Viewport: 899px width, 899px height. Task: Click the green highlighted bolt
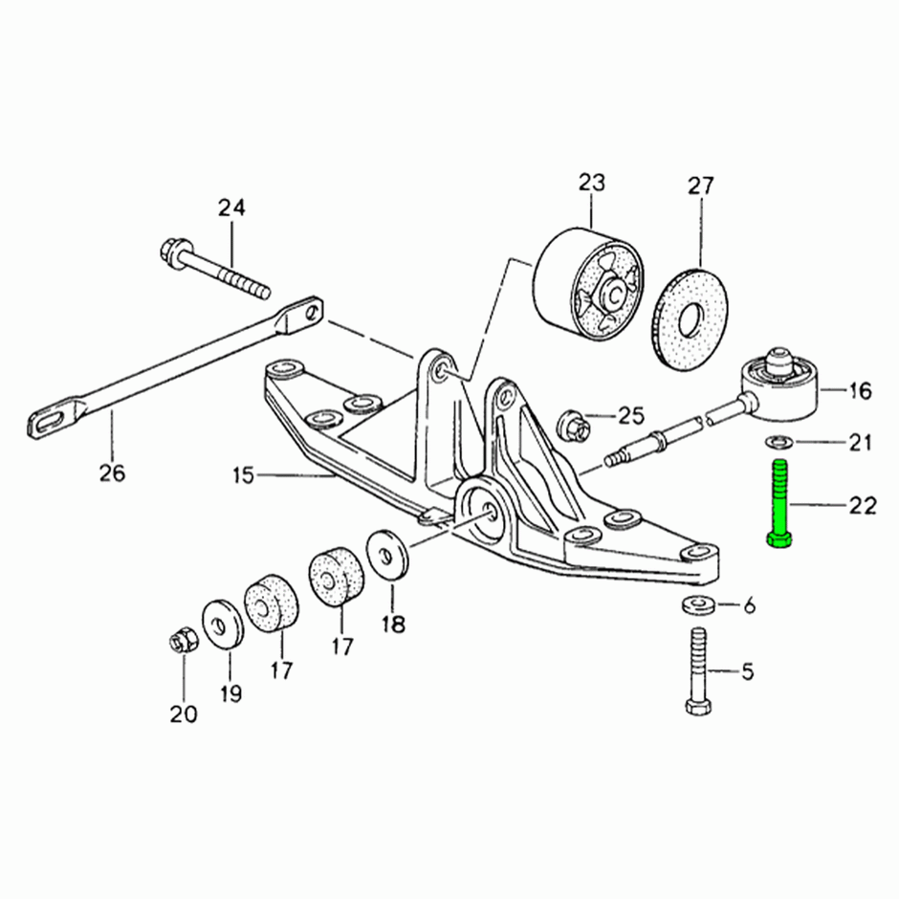point(779,504)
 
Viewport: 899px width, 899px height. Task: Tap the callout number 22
point(863,506)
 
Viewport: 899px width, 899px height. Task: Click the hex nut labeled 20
point(185,641)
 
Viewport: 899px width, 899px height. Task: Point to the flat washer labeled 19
point(223,625)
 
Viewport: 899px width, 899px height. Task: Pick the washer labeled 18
point(386,555)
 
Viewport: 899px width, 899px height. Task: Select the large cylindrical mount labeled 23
point(588,286)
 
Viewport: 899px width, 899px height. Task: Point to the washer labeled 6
point(698,604)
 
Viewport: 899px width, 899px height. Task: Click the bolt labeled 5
point(698,670)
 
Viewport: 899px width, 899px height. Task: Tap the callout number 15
point(243,475)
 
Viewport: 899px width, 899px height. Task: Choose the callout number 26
point(112,473)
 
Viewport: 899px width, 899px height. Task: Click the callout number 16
point(860,391)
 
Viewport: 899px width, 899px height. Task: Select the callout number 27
point(701,186)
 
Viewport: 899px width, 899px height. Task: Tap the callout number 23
point(592,183)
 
